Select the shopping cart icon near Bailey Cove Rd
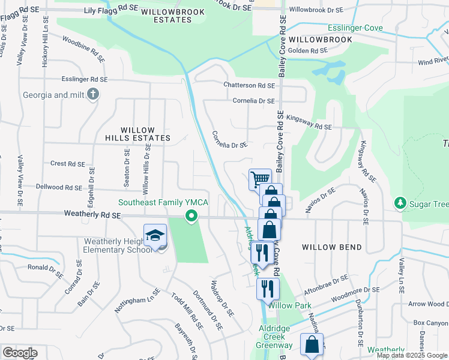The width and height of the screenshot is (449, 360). [x=260, y=179]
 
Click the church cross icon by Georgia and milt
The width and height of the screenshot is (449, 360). [x=92, y=95]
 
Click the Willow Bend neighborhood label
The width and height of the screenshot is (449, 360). [x=332, y=247]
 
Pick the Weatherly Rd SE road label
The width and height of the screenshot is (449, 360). [x=92, y=214]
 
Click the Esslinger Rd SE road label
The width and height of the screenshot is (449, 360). [x=85, y=79]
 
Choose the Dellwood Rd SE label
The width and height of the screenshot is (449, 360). [x=58, y=187]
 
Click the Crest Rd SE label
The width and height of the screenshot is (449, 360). [x=68, y=163]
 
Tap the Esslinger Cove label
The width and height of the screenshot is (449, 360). [x=355, y=28]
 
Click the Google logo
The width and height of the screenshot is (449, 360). [x=19, y=353]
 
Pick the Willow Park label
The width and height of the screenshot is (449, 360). [x=290, y=305]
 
